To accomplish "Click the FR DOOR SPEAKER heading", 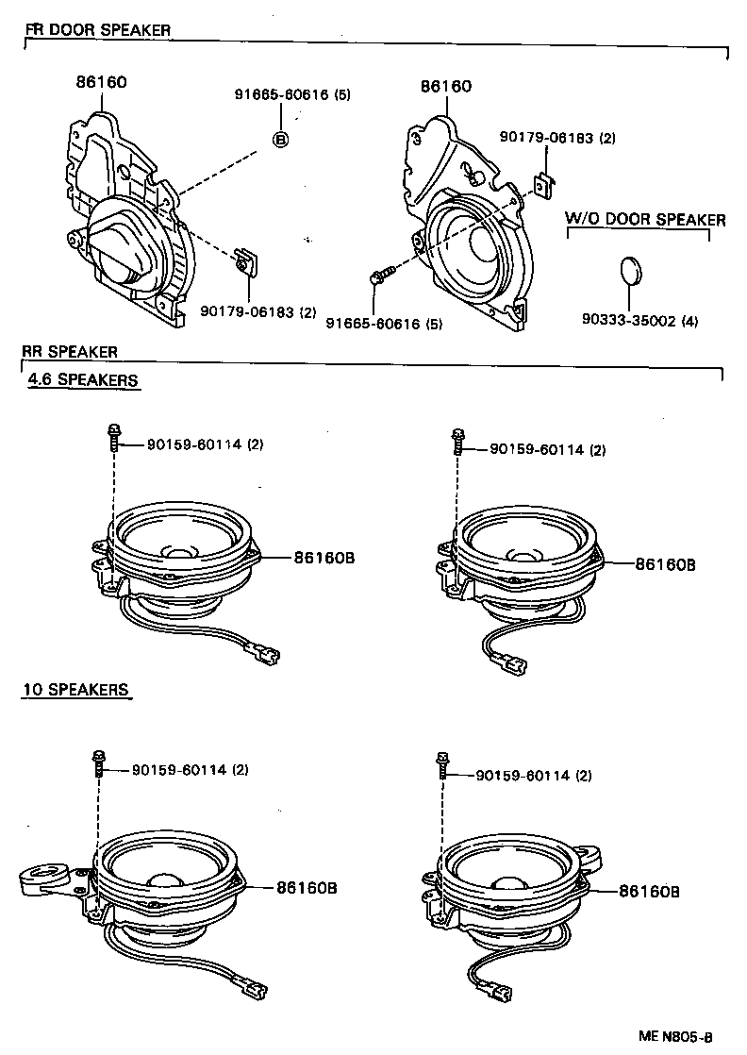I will pos(97,30).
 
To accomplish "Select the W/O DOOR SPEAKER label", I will pos(645,220).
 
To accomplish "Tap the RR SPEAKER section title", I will pos(71,352).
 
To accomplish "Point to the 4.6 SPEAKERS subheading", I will pos(81,380).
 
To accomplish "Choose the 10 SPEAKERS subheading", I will pos(75,690).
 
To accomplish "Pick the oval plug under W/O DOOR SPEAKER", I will pos(631,271).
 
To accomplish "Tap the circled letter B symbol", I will pos(280,140).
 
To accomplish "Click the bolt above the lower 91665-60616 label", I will pos(380,276).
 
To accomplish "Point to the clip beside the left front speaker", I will pos(247,260).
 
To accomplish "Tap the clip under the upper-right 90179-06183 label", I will pos(541,185).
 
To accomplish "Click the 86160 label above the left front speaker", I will pos(102,82).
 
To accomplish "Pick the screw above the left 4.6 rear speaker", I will pos(113,439).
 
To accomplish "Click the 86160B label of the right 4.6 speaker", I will pos(664,563).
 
